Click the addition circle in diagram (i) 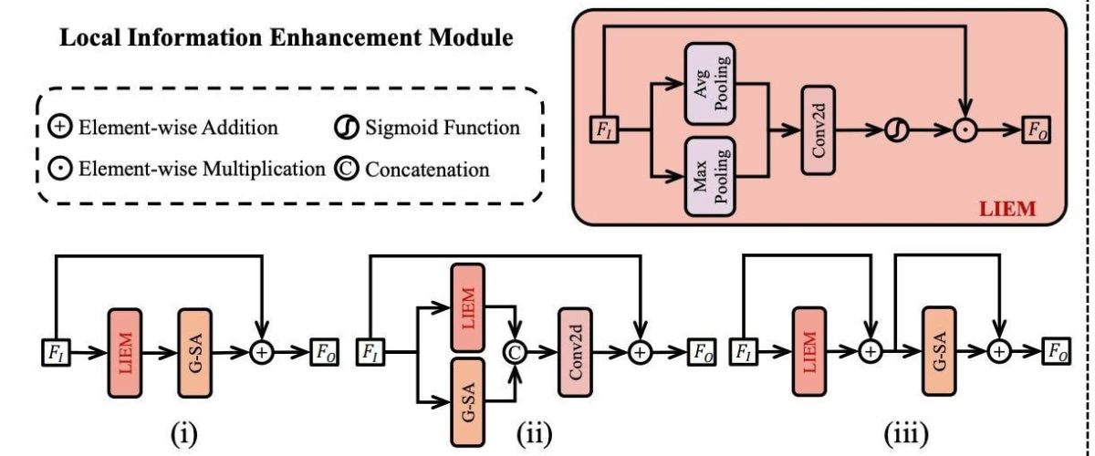point(263,350)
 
